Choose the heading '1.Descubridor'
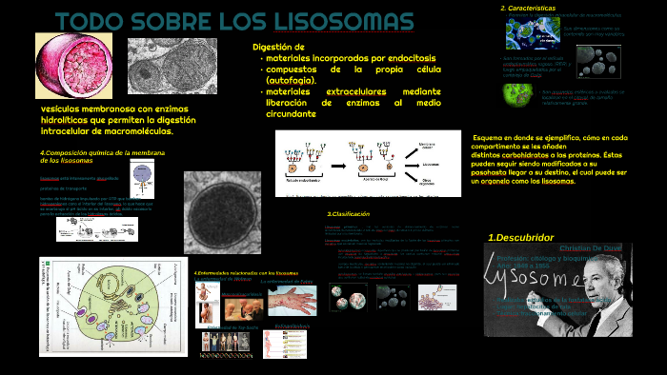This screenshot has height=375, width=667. [520, 237]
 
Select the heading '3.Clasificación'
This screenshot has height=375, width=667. [348, 214]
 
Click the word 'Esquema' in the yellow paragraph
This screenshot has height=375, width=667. [492, 138]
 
